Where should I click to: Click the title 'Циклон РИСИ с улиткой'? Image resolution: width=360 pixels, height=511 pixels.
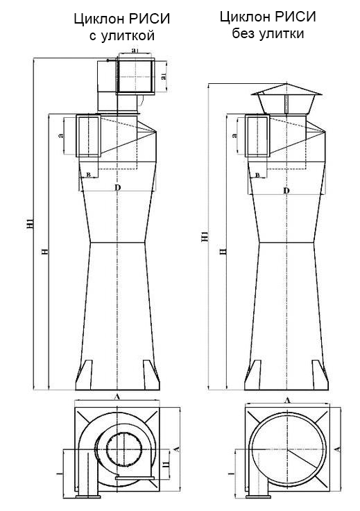click(121, 27)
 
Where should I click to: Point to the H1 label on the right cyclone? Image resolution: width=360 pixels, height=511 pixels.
click(204, 236)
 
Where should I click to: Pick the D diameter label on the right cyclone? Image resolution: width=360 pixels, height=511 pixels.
click(285, 190)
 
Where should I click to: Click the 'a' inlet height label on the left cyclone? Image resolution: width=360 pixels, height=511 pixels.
click(62, 137)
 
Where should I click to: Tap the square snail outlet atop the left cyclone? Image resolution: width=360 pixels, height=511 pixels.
click(135, 76)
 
